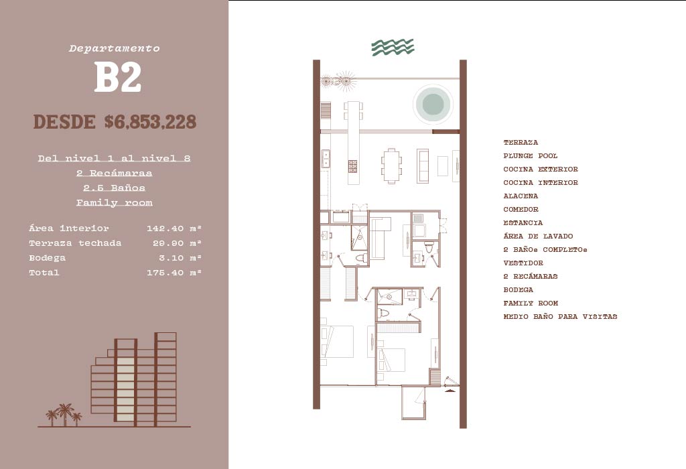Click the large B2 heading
point(118,76)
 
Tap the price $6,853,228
point(150,122)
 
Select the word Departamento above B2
point(114,48)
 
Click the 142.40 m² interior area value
point(174,228)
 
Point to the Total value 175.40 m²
point(174,273)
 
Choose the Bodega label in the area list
point(48,258)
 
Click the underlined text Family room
point(114,202)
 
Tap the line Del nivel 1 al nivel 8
point(114,158)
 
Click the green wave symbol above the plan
point(393,48)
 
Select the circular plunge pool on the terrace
point(433,104)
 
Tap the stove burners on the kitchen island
point(352,165)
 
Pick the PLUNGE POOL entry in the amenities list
point(531,155)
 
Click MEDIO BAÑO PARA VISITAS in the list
point(560,316)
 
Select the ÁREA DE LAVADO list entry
point(538,236)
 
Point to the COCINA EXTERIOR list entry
point(541,169)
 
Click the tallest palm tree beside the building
point(65,414)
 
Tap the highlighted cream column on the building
point(125,388)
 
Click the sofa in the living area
point(423,165)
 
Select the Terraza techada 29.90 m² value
point(174,243)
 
